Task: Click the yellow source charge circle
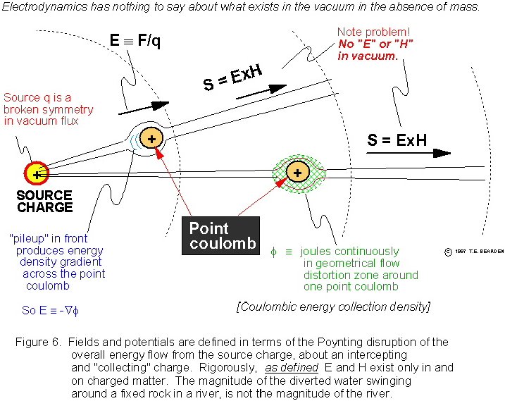[x=36, y=173]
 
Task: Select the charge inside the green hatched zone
[x=297, y=172]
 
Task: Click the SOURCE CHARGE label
[x=44, y=201]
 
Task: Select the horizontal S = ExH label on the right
[x=397, y=140]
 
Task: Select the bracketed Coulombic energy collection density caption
[x=332, y=307]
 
